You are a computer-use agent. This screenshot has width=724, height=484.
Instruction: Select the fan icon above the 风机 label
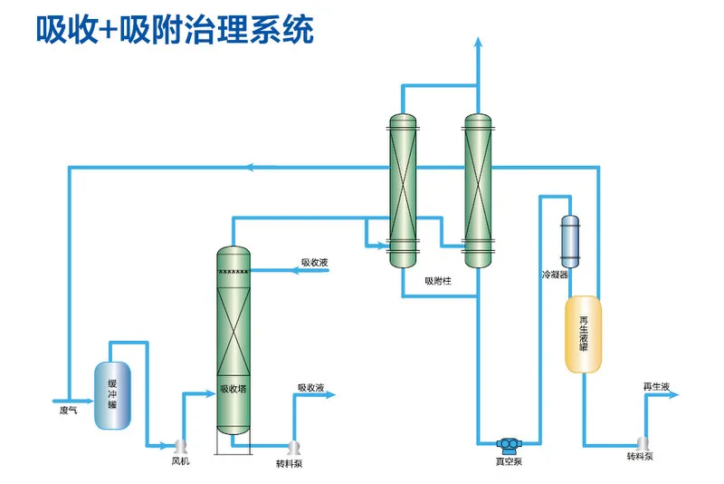click(179, 445)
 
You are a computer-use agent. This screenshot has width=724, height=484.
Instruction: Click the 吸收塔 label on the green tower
click(234, 390)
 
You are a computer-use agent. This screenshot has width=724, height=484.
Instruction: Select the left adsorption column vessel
click(403, 190)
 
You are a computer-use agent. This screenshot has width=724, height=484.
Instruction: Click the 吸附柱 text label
click(438, 280)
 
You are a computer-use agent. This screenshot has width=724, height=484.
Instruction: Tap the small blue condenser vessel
click(570, 237)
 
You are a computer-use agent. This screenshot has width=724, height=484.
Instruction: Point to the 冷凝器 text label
click(555, 273)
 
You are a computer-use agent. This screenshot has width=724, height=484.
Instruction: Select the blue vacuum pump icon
click(509, 443)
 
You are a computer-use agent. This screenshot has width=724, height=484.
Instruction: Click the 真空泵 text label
click(508, 462)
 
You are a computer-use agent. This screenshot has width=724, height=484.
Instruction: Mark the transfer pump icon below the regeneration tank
click(643, 443)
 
